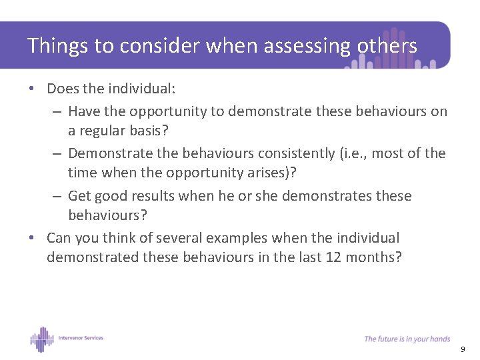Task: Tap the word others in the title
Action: click(387, 46)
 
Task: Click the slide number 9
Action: click(463, 349)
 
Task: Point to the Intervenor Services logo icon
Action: click(41, 339)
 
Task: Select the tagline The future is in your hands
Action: click(407, 339)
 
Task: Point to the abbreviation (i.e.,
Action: click(351, 153)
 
